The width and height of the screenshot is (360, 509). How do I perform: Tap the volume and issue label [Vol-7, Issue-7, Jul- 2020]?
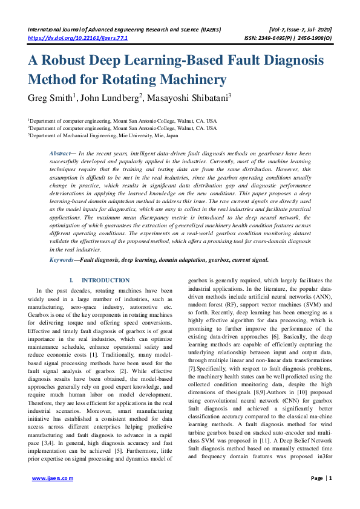tap(293, 29)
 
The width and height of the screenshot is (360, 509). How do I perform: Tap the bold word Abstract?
tap(61, 154)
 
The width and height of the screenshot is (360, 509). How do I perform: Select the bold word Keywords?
tap(62, 259)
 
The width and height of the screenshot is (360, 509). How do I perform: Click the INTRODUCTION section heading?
tap(105, 280)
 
